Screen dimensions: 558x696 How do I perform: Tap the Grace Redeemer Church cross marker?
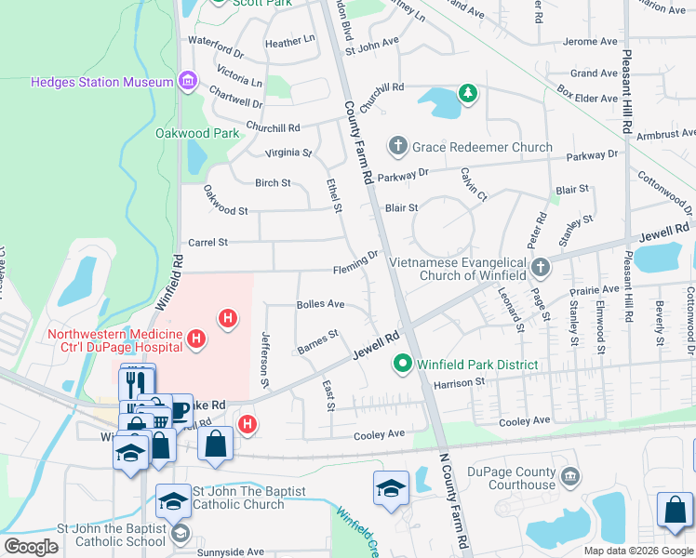(x=398, y=146)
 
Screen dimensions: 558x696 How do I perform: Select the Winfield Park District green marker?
(x=403, y=364)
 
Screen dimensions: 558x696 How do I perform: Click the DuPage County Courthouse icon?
(x=569, y=478)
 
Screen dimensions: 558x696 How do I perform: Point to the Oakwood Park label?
(x=196, y=133)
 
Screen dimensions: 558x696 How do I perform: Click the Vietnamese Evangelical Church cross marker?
(x=541, y=268)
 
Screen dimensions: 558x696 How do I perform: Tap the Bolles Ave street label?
(x=320, y=304)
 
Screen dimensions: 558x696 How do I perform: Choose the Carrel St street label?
(x=208, y=243)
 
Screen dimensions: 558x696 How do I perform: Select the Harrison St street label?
(x=460, y=382)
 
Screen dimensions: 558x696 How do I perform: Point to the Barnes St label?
(x=316, y=339)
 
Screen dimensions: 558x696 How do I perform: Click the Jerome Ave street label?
(x=591, y=42)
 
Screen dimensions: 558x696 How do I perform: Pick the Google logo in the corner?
(x=31, y=547)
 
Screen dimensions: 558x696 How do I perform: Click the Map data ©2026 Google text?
(x=637, y=551)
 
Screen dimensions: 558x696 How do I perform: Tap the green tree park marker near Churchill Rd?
(x=466, y=93)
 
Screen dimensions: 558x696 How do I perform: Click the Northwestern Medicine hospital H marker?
(x=195, y=339)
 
